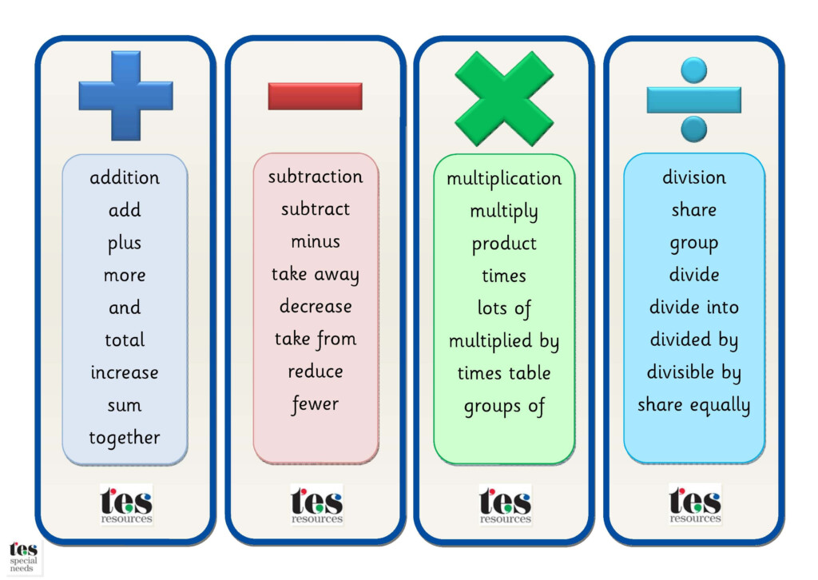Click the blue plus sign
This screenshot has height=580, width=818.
pos(125,96)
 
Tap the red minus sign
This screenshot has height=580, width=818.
pos(315,96)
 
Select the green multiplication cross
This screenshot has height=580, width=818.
pos(504,98)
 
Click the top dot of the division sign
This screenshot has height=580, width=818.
pos(694,70)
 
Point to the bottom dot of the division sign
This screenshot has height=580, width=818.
pos(694,129)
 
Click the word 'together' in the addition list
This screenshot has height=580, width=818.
pos(125,438)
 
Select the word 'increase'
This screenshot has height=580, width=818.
pos(125,372)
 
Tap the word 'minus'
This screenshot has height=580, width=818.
pos(316,241)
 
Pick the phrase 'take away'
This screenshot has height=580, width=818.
pos(316,274)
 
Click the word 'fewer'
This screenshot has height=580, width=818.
pos(316,404)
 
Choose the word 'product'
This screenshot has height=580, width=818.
pos(504,244)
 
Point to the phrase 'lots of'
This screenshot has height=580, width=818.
pos(504,308)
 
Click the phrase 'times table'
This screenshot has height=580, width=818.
pos(504,373)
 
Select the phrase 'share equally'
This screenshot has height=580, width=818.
pos(694,405)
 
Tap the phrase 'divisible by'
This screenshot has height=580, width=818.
pos(694,372)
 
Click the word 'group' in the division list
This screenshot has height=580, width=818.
pos(694,244)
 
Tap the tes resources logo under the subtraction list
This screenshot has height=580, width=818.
pos(316,504)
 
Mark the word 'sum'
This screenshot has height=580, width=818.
pos(125,405)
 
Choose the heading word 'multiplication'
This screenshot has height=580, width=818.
pos(504,179)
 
